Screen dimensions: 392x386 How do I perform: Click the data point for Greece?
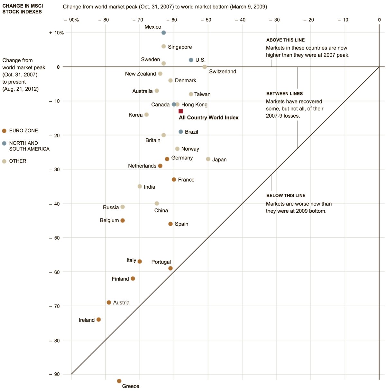click(119, 381)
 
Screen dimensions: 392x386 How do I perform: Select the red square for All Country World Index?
click(181, 111)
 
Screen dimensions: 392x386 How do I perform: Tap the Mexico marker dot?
click(163, 33)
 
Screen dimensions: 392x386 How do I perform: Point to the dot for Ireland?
click(99, 319)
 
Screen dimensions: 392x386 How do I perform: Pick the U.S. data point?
click(191, 60)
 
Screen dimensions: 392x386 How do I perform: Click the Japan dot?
click(208, 159)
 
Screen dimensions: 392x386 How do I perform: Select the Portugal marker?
click(170, 268)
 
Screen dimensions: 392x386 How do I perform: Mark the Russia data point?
click(123, 207)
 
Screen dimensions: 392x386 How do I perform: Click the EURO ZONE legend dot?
click(4, 131)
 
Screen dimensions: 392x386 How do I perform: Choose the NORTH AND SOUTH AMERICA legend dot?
click(4, 143)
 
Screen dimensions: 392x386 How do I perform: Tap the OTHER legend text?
click(18, 161)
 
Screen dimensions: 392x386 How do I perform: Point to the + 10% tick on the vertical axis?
click(57, 33)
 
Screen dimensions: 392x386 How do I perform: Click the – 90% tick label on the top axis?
click(71, 20)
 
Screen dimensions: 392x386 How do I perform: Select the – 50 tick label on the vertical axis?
click(55, 238)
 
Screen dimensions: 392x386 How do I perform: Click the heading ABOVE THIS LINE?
click(285, 40)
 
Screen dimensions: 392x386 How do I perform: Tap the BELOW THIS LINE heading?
click(286, 195)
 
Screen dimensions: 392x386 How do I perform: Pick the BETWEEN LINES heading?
click(284, 94)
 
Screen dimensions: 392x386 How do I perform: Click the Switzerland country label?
click(223, 71)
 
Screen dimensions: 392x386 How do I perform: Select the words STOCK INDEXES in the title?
click(22, 12)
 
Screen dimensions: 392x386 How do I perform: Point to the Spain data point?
click(170, 224)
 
